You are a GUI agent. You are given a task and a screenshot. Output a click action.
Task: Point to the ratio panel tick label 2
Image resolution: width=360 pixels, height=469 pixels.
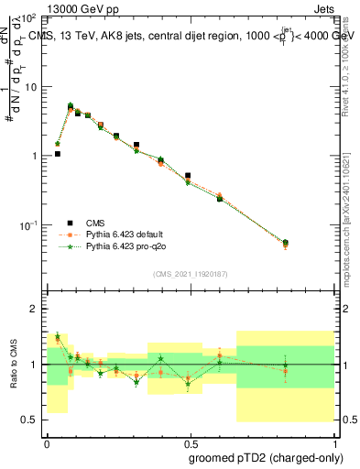[35, 309]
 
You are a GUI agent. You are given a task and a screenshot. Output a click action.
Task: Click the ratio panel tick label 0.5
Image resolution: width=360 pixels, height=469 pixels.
[30, 420]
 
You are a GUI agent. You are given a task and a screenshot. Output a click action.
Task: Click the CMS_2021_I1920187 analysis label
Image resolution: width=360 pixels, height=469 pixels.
[190, 274]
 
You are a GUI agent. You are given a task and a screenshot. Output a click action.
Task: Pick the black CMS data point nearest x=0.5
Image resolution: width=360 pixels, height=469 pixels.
[188, 175]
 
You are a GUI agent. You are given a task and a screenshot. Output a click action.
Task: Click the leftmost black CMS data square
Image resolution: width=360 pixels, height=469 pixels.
[58, 154]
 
